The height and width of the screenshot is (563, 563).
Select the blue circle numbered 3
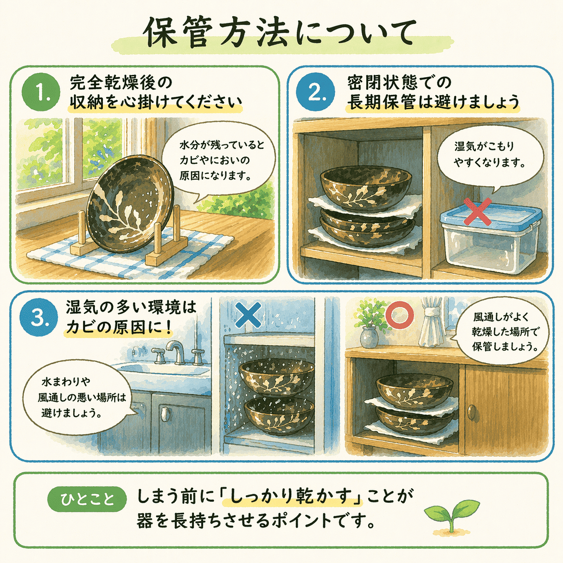[39, 318]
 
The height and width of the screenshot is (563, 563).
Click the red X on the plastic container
[477, 212]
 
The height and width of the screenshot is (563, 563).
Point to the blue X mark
[248, 315]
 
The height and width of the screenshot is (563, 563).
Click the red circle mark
[400, 316]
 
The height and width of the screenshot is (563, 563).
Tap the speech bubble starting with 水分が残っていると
[216, 162]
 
